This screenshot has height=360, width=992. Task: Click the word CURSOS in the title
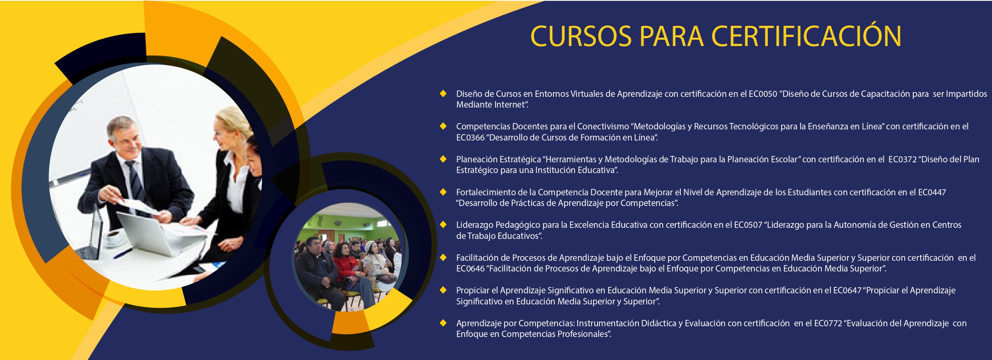pyautogui.click(x=581, y=36)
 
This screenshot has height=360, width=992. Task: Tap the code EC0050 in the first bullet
pyautogui.click(x=763, y=94)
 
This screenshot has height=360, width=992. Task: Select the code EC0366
pyautogui.click(x=470, y=138)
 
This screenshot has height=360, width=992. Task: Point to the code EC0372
pyautogui.click(x=903, y=160)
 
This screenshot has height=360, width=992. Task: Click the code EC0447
pyautogui.click(x=932, y=193)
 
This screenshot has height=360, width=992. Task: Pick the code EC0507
pyautogui.click(x=748, y=225)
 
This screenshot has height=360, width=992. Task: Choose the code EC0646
pyautogui.click(x=470, y=269)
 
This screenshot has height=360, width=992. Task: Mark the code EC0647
pyautogui.click(x=847, y=291)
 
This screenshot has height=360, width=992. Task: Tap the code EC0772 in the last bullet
pyautogui.click(x=828, y=323)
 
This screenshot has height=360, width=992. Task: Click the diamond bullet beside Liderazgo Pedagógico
pyautogui.click(x=443, y=225)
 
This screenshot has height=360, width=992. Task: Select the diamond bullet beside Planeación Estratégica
pyautogui.click(x=443, y=159)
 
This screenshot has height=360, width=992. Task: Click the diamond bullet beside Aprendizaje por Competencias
pyautogui.click(x=443, y=323)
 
